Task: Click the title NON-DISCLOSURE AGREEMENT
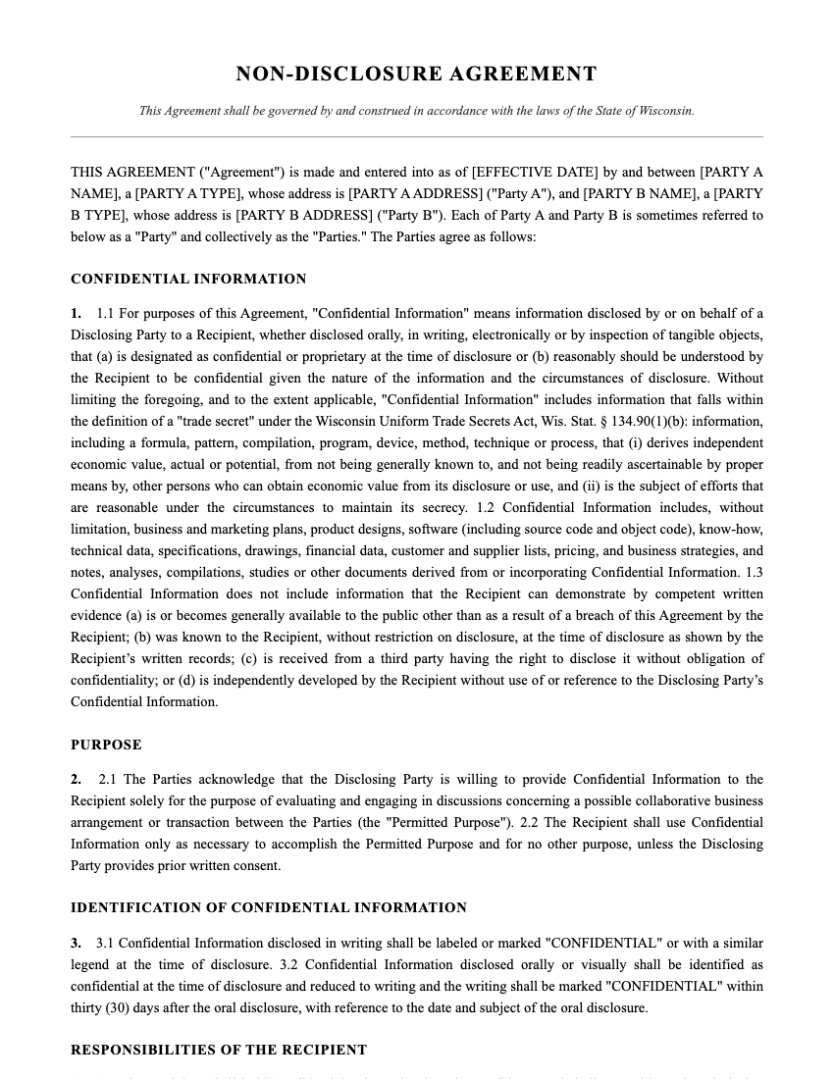pyautogui.click(x=416, y=74)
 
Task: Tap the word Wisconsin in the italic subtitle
pyautogui.click(x=666, y=111)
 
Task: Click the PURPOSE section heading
pyautogui.click(x=106, y=745)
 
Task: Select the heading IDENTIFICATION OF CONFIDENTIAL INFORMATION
pyautogui.click(x=269, y=907)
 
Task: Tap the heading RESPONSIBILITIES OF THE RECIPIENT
pyautogui.click(x=219, y=1050)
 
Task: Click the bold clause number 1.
pyautogui.click(x=76, y=313)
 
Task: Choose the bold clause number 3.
pyautogui.click(x=76, y=943)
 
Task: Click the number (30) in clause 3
pyautogui.click(x=117, y=1007)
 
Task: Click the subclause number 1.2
pyautogui.click(x=486, y=507)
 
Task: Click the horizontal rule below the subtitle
pyautogui.click(x=416, y=136)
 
